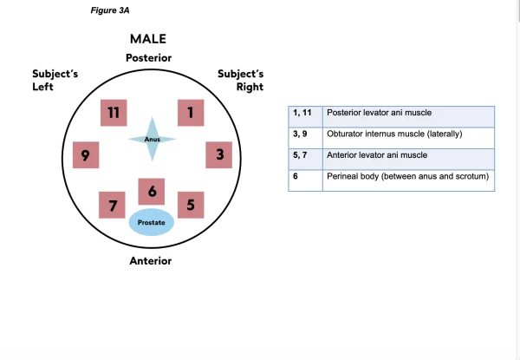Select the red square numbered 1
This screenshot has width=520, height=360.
click(189, 114)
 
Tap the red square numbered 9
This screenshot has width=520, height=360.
click(86, 156)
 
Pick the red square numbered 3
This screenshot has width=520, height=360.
click(219, 156)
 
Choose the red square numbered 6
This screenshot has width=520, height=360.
click(153, 192)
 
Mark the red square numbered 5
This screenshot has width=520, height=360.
click(191, 206)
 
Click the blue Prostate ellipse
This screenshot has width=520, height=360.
click(152, 223)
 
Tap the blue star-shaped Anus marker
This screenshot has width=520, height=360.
click(153, 139)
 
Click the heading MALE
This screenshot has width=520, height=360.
click(148, 39)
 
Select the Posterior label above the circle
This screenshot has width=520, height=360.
click(148, 58)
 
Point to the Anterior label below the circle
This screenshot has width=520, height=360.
click(150, 261)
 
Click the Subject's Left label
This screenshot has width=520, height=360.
click(55, 81)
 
